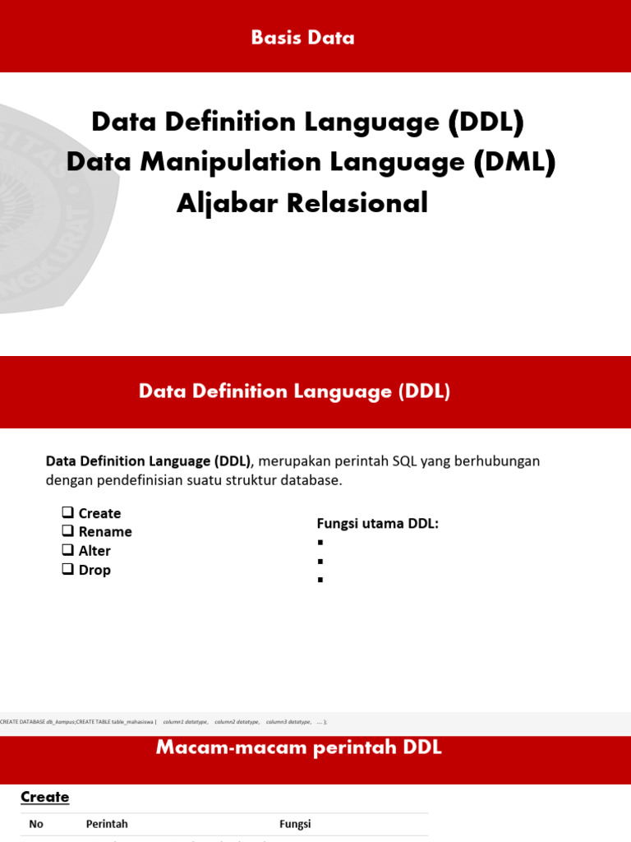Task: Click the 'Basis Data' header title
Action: (x=302, y=38)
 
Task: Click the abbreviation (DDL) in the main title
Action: (x=486, y=122)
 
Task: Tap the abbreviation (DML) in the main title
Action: (x=514, y=162)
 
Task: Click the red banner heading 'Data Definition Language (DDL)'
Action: (x=294, y=391)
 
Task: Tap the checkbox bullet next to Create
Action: (x=68, y=512)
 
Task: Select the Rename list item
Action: (x=105, y=532)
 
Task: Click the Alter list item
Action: (x=94, y=551)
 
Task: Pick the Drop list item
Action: (x=94, y=570)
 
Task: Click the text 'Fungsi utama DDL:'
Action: (x=378, y=524)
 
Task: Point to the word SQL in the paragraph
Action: (x=404, y=461)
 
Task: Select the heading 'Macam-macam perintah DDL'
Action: (x=298, y=747)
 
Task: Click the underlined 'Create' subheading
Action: (x=45, y=797)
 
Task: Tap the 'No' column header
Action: (x=36, y=824)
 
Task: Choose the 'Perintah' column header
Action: (x=107, y=824)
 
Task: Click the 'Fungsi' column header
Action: (x=295, y=824)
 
